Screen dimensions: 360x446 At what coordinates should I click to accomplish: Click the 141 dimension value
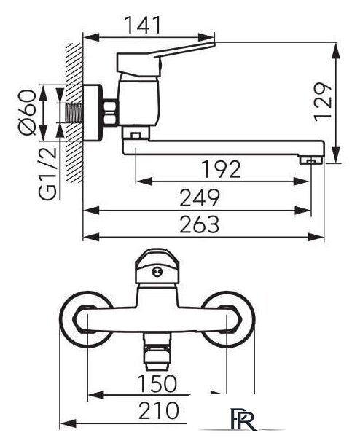(143, 25)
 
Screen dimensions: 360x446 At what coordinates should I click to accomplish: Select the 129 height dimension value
(323, 102)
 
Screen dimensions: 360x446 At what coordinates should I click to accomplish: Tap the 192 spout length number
(221, 169)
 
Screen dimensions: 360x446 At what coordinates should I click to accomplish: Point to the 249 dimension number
(200, 197)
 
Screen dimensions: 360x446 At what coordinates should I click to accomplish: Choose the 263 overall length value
(200, 224)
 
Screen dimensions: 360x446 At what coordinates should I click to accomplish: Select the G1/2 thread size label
(48, 173)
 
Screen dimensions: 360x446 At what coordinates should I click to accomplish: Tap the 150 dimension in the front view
(157, 383)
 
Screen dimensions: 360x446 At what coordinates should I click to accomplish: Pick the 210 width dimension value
(159, 411)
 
